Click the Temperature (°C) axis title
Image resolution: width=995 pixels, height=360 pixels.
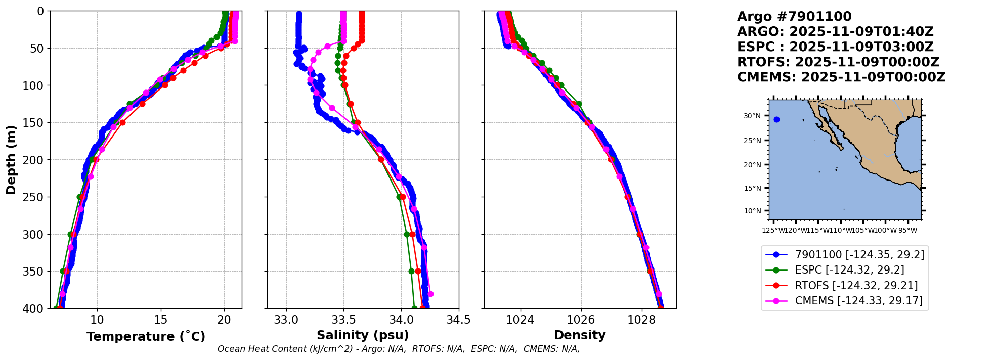pos(146,336)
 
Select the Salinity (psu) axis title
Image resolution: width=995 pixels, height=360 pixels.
pos(363,335)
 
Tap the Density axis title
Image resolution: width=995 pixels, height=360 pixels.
pos(580,335)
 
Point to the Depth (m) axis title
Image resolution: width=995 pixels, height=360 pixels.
pos(11,159)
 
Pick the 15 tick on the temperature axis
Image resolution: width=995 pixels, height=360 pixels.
pos(160,320)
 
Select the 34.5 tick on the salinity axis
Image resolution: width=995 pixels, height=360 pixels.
pos(459,320)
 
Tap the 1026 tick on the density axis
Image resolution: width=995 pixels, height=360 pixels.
pos(581,320)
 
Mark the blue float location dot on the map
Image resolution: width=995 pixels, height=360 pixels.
pos(776,120)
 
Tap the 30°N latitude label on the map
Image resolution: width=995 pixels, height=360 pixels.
pos(752,116)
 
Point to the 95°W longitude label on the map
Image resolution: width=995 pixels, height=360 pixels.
pos(907,231)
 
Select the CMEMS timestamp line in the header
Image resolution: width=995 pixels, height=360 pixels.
pos(841,77)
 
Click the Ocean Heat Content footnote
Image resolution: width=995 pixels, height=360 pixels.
pos(399,349)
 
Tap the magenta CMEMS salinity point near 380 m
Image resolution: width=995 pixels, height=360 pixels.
pos(430,294)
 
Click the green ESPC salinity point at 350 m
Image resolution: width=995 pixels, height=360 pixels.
pos(411,271)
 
